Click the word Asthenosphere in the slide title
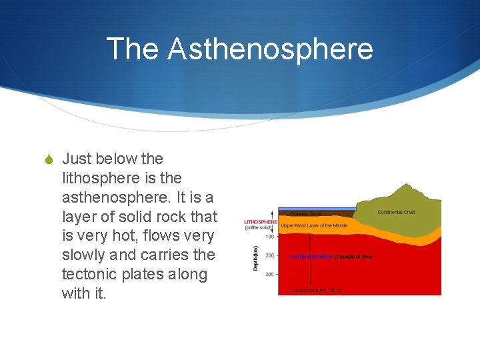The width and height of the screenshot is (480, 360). [270, 49]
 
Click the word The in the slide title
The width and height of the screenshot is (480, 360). [133, 49]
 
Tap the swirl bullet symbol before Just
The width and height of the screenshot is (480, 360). [49, 159]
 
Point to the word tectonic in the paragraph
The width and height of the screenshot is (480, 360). [89, 274]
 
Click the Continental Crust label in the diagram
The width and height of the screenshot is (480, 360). [396, 212]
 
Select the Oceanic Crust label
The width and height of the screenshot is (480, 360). [305, 214]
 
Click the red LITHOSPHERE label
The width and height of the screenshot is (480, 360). [261, 221]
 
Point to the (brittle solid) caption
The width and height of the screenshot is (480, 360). [259, 228]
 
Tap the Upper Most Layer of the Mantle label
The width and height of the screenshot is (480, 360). [315, 226]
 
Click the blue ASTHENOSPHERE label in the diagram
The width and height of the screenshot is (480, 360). [311, 256]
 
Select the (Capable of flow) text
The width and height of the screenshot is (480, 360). [353, 256]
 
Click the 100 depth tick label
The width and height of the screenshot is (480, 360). [270, 236]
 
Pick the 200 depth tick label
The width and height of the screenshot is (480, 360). [270, 255]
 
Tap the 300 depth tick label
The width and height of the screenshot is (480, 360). [270, 274]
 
